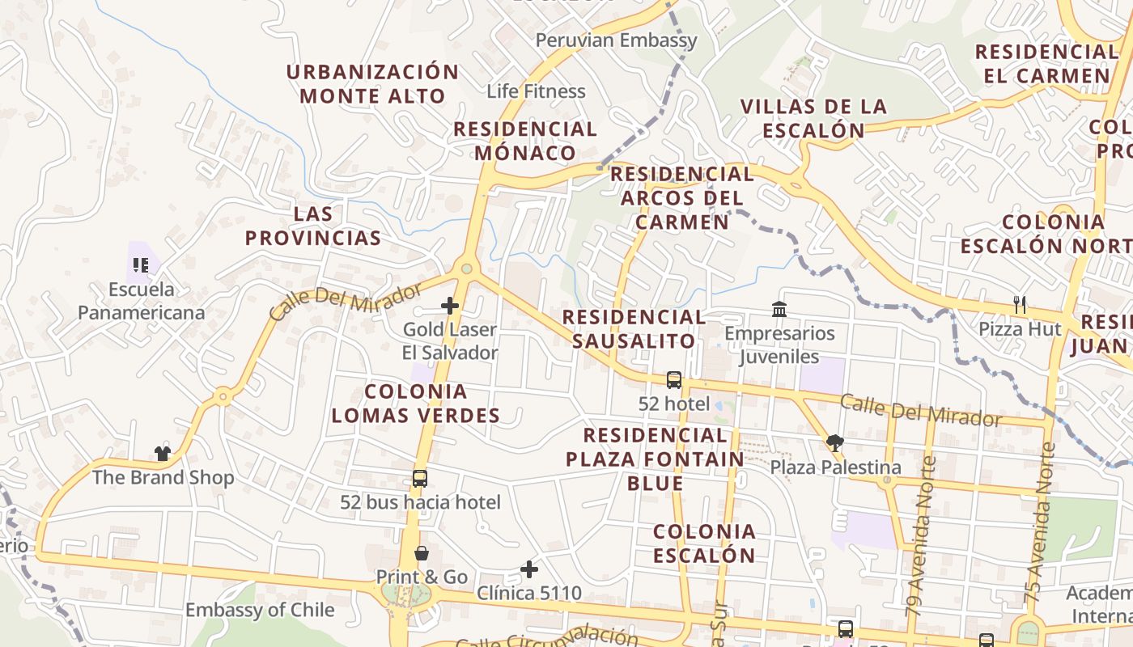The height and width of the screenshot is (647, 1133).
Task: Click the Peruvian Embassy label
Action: (x=616, y=40)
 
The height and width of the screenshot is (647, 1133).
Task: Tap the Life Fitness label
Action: (x=536, y=91)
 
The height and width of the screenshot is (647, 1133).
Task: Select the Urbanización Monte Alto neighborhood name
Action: (x=372, y=83)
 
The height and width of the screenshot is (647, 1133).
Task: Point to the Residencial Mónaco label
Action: (x=524, y=141)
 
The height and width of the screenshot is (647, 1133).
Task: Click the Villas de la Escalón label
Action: (x=813, y=118)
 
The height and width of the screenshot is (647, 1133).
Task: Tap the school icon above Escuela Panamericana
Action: (x=141, y=265)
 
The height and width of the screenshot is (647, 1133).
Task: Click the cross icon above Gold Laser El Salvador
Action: (x=450, y=306)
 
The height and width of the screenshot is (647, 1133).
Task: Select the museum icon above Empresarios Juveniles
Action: (x=779, y=309)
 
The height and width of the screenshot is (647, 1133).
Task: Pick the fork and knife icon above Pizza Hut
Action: (x=1020, y=305)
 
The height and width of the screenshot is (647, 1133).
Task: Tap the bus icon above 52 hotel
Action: (x=673, y=379)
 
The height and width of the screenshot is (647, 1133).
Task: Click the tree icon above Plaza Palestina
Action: (x=835, y=442)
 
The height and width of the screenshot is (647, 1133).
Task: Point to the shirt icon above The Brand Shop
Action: (x=163, y=453)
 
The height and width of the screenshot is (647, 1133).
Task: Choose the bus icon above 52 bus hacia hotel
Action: (x=419, y=478)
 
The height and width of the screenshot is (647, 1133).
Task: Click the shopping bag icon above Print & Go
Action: (x=422, y=553)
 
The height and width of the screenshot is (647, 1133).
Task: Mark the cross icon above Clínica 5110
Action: (x=529, y=569)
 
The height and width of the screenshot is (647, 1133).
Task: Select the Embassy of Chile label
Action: (x=259, y=610)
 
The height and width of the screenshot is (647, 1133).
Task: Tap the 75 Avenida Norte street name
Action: (x=1040, y=522)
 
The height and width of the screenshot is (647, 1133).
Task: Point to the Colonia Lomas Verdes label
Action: (x=415, y=404)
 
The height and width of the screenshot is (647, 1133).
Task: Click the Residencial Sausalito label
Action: (x=634, y=328)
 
